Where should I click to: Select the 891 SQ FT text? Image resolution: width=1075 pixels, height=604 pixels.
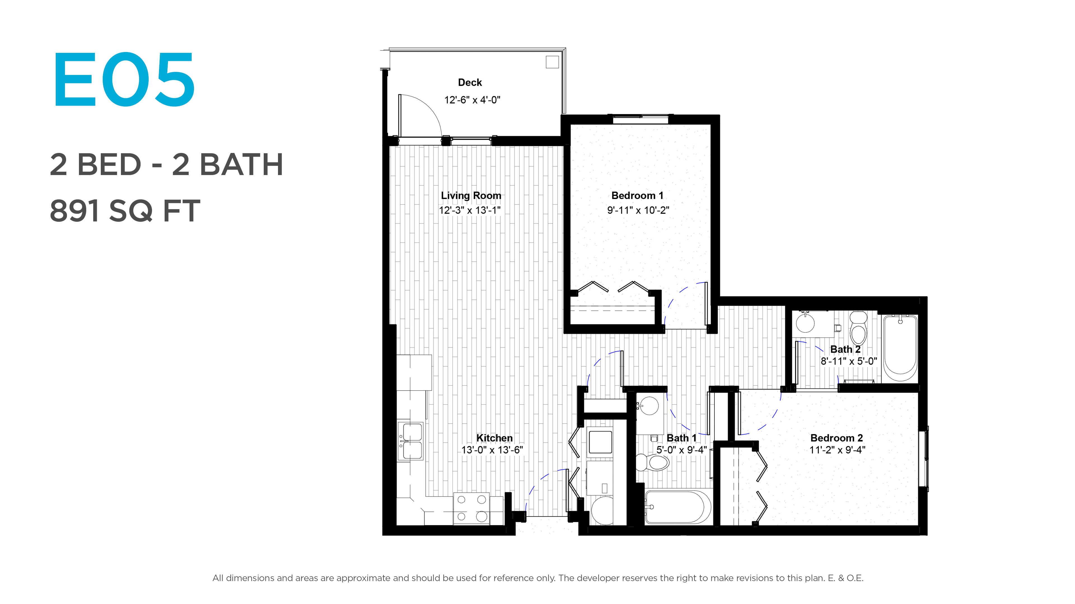click(x=125, y=211)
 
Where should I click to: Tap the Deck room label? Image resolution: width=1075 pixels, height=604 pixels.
click(x=470, y=82)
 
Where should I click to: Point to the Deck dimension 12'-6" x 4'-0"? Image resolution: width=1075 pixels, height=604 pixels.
click(x=472, y=100)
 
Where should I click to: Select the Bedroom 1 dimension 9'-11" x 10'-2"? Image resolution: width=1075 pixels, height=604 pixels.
click(x=638, y=210)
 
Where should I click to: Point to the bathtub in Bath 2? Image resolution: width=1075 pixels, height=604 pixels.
click(x=900, y=348)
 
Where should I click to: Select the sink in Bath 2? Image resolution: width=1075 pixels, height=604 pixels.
click(x=805, y=323)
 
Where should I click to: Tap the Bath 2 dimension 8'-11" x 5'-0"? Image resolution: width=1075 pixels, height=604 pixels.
click(x=849, y=361)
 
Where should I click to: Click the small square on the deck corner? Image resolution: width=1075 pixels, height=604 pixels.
click(x=552, y=62)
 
